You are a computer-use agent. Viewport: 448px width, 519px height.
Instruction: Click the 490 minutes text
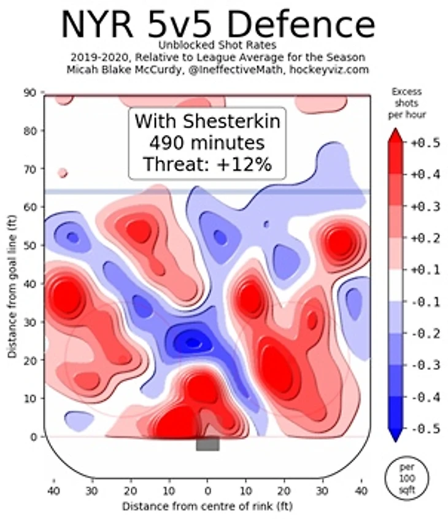point(207,144)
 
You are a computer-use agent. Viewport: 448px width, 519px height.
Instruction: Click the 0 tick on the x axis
point(207,491)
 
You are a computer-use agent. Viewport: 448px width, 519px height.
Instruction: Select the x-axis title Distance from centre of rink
point(207,507)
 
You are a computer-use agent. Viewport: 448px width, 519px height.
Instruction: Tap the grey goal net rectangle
point(207,444)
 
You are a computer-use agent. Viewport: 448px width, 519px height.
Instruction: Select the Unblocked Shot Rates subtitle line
point(218,45)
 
